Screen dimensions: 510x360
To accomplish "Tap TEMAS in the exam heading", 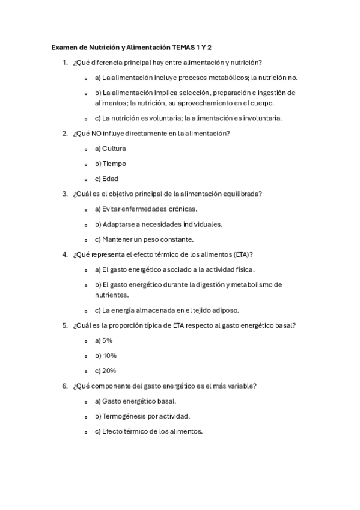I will [x=184, y=47].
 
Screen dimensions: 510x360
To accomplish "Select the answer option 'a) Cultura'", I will [x=111, y=149].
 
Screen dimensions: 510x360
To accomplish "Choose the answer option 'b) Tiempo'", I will [x=111, y=164].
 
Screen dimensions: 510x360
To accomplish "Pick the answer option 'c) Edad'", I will [x=107, y=179].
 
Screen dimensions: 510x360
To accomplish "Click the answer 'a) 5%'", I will [x=103, y=340].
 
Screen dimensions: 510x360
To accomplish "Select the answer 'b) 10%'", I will [x=106, y=355].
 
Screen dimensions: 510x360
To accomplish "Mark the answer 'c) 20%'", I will [x=106, y=370].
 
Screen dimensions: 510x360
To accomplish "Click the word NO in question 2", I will [x=97, y=134].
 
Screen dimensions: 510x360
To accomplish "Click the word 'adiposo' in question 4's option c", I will [x=224, y=310].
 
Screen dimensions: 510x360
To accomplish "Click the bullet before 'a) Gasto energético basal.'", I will [x=87, y=401].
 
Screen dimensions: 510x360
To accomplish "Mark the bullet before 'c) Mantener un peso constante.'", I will [x=87, y=239].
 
